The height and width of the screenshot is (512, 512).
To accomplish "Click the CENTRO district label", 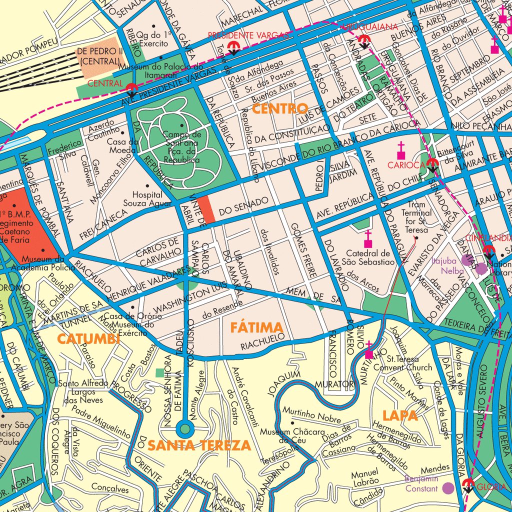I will tap(280, 108).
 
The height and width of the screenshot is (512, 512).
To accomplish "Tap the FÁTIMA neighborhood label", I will tap(256, 328).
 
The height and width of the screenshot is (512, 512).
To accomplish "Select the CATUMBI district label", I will tap(88, 339).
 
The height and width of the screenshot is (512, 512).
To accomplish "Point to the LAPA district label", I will tap(400, 415).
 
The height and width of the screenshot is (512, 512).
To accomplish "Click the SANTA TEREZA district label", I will tap(199, 445).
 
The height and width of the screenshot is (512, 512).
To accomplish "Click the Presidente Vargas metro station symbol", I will tap(232, 48).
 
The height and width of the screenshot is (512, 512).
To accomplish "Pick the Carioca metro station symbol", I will tap(432, 164).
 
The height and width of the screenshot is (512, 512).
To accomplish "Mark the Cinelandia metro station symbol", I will tap(488, 251).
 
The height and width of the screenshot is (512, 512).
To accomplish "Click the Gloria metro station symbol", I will tap(468, 484).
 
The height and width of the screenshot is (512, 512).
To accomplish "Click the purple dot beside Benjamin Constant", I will tap(448, 488).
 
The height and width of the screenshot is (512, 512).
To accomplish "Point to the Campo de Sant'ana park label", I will tap(181, 147).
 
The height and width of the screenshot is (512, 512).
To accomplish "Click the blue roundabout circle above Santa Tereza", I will tap(185, 428).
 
